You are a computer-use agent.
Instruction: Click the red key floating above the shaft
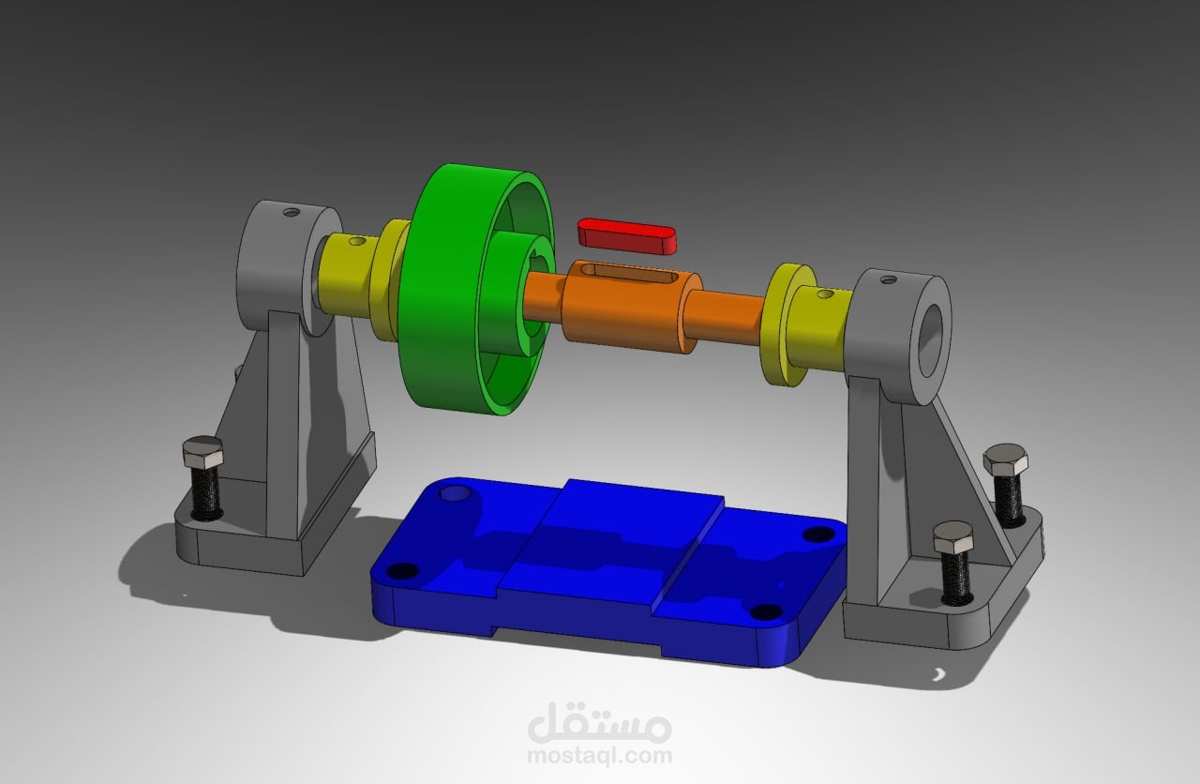[626, 235]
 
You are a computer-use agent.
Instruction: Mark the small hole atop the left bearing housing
[292, 213]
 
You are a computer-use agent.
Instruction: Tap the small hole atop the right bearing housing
[888, 279]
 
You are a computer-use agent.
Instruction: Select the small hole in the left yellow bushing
[356, 241]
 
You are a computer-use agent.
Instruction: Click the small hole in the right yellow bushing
[824, 294]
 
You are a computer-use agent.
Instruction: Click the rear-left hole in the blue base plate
[457, 492]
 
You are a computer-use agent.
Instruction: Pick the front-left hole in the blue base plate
[403, 570]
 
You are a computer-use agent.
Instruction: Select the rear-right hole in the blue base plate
[818, 534]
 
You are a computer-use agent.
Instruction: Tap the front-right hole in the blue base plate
[766, 612]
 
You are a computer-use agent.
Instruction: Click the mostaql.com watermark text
[599, 755]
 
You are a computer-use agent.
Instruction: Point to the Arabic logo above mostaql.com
[599, 722]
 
